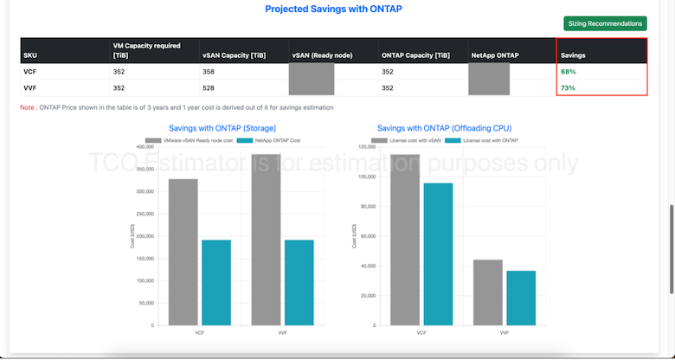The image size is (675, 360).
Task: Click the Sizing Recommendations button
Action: pyautogui.click(x=605, y=23)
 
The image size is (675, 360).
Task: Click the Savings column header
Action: pyautogui.click(x=574, y=55)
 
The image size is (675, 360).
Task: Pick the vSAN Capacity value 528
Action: pyautogui.click(x=208, y=87)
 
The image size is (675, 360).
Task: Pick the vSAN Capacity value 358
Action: pyautogui.click(x=208, y=71)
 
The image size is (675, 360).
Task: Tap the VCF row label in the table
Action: pyautogui.click(x=32, y=71)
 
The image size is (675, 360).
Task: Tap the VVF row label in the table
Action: pyautogui.click(x=32, y=87)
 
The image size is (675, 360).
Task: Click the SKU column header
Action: pyautogui.click(x=30, y=55)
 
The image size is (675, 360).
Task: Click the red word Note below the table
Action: pyautogui.click(x=28, y=107)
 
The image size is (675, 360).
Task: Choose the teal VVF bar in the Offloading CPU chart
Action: pyautogui.click(x=521, y=298)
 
